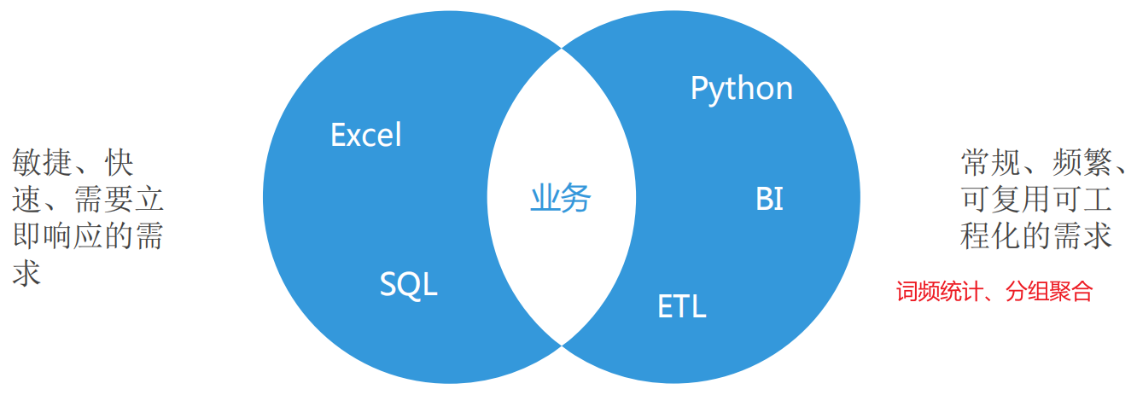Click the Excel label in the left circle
(x=365, y=136)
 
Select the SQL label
(x=408, y=284)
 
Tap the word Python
(x=741, y=89)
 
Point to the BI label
(x=769, y=199)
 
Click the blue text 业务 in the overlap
(x=560, y=199)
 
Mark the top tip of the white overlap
(x=562, y=49)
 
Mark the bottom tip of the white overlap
(x=562, y=346)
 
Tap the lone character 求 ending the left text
(x=26, y=273)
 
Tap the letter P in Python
(x=699, y=89)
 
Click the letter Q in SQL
(x=409, y=284)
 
